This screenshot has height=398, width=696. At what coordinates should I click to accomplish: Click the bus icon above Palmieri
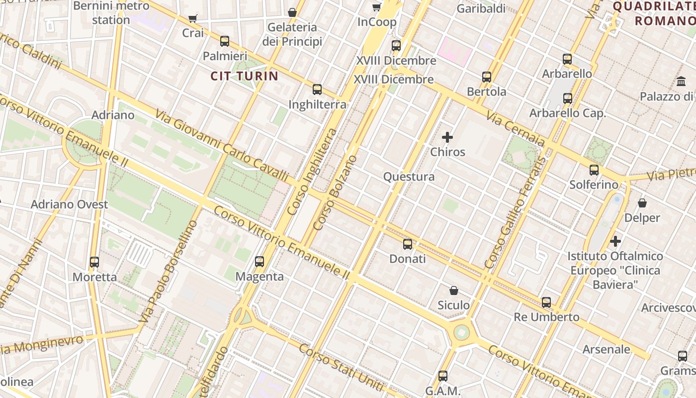(x=225, y=41)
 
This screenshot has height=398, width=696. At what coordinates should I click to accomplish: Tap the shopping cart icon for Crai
(x=193, y=19)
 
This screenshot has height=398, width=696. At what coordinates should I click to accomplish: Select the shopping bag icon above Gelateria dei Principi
(x=292, y=12)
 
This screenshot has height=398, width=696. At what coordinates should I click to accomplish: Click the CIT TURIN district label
(x=244, y=76)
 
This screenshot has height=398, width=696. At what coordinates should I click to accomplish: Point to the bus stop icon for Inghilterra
(x=317, y=90)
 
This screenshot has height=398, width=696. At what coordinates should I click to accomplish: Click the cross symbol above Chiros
(x=447, y=137)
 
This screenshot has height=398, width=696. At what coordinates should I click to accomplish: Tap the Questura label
(x=409, y=177)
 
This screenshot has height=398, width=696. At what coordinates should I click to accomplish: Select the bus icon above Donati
(x=408, y=244)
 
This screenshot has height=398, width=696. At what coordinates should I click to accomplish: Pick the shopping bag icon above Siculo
(x=453, y=290)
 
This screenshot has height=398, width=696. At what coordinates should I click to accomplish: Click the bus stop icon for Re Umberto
(x=546, y=302)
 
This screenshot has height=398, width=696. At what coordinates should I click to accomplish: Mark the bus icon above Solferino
(x=594, y=170)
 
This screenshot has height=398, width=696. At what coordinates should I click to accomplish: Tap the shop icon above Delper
(x=642, y=203)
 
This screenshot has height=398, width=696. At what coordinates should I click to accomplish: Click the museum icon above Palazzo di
(x=681, y=81)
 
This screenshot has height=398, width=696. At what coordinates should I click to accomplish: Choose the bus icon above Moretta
(x=94, y=262)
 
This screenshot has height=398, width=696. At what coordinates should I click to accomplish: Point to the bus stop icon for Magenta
(x=260, y=261)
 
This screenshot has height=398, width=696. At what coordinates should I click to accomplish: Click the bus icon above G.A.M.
(x=443, y=376)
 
